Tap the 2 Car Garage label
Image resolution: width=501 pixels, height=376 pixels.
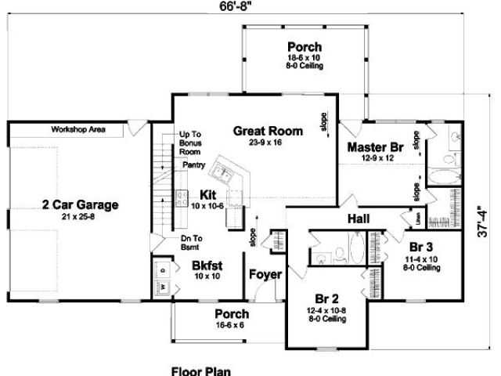coord(80,205)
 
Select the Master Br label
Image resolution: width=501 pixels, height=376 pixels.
coord(374,146)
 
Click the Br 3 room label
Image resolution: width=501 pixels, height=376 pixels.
coord(420,245)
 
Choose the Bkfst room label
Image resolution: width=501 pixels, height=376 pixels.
coord(208,265)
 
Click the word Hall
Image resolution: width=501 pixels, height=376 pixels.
coord(358,219)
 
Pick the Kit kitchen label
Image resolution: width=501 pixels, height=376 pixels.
coord(207,194)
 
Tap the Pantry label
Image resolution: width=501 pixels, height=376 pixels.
coord(193,166)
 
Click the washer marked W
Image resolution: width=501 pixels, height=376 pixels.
coord(163,287)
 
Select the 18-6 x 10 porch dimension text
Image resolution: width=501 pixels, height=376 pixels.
coord(305,57)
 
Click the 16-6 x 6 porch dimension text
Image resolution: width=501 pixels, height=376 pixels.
coord(232,324)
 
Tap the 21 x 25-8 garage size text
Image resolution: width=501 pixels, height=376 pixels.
coord(80,217)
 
